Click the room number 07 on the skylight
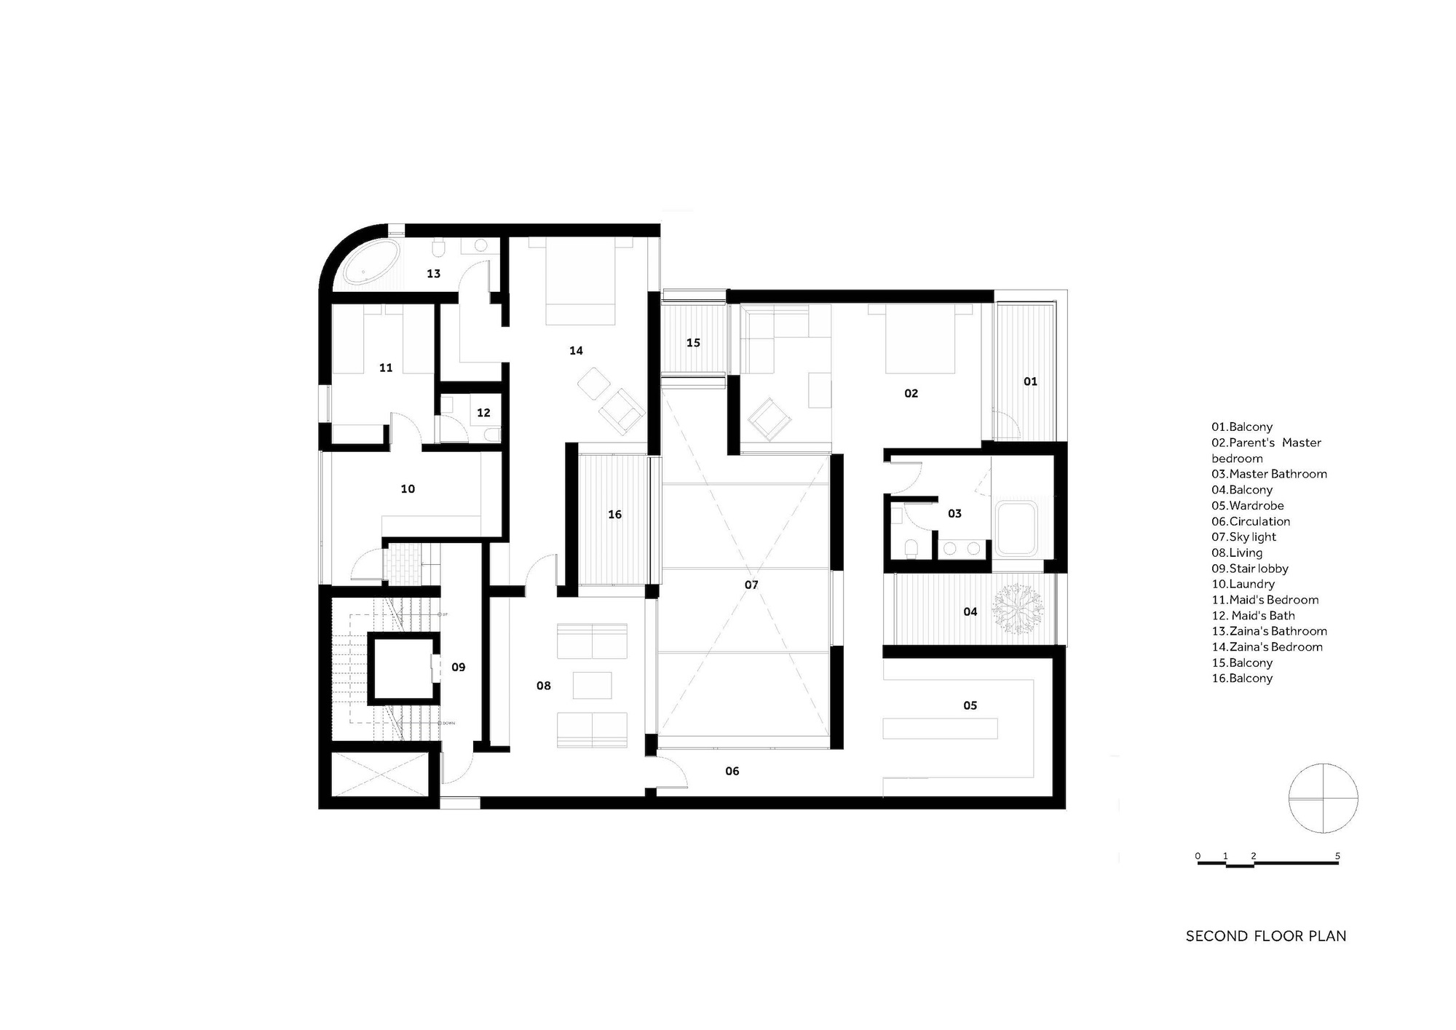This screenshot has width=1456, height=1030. pyautogui.click(x=751, y=585)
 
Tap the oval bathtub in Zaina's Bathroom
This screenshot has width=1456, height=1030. pyautogui.click(x=371, y=264)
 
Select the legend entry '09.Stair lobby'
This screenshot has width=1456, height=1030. pyautogui.click(x=1249, y=569)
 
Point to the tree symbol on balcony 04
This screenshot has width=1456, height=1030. pyautogui.click(x=1018, y=608)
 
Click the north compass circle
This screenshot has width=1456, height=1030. pyautogui.click(x=1323, y=799)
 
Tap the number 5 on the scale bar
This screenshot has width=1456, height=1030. pyautogui.click(x=1337, y=856)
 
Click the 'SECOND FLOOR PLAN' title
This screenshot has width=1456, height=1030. pyautogui.click(x=1265, y=936)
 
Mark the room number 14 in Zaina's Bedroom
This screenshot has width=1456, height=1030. pyautogui.click(x=576, y=351)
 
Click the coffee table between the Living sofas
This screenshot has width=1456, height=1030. pyautogui.click(x=592, y=685)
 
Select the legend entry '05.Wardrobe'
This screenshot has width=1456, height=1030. pyautogui.click(x=1247, y=506)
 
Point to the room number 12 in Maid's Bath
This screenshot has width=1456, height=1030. pyautogui.click(x=483, y=413)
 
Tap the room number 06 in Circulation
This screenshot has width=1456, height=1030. pyautogui.click(x=732, y=772)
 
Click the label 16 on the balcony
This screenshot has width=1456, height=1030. pyautogui.click(x=615, y=515)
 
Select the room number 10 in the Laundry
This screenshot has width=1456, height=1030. pyautogui.click(x=408, y=489)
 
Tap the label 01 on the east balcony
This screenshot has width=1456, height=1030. pyautogui.click(x=1030, y=381)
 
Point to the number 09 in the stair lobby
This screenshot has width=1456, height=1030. pyautogui.click(x=458, y=667)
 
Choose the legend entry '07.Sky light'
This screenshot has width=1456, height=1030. pyautogui.click(x=1243, y=537)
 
